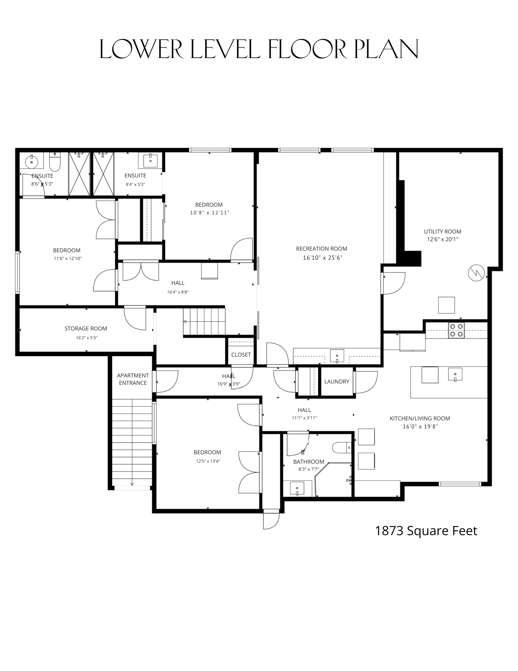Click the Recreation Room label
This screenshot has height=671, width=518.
pyautogui.click(x=321, y=249)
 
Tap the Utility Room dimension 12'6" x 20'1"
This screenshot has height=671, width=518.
pyautogui.click(x=442, y=239)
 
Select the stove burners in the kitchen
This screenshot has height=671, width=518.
pyautogui.click(x=456, y=330)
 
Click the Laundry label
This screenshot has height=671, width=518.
pyautogui.click(x=337, y=381)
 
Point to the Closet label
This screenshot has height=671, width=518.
pyautogui.click(x=241, y=355)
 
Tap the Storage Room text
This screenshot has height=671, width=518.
pyautogui.click(x=86, y=328)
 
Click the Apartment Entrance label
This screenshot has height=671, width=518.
pyautogui.click(x=133, y=379)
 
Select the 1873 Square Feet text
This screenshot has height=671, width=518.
pyautogui.click(x=426, y=531)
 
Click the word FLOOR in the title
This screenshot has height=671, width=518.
pyautogui.click(x=306, y=49)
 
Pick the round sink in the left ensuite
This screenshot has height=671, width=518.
pyautogui.click(x=32, y=162)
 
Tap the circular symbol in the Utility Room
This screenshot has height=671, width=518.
pyautogui.click(x=476, y=273)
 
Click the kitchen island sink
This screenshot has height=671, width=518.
pyautogui.click(x=455, y=374)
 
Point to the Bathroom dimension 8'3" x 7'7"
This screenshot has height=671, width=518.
pyautogui.click(x=308, y=469)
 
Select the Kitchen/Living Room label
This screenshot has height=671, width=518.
pyautogui.click(x=420, y=418)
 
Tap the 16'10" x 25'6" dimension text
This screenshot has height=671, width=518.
pyautogui.click(x=322, y=258)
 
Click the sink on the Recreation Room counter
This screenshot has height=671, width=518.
pyautogui.click(x=337, y=356)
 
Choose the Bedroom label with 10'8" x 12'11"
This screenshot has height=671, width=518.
pyautogui.click(x=209, y=205)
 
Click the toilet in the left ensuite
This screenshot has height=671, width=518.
pyautogui.click(x=55, y=162)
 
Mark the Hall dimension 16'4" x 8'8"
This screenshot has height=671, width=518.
pyautogui.click(x=178, y=292)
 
